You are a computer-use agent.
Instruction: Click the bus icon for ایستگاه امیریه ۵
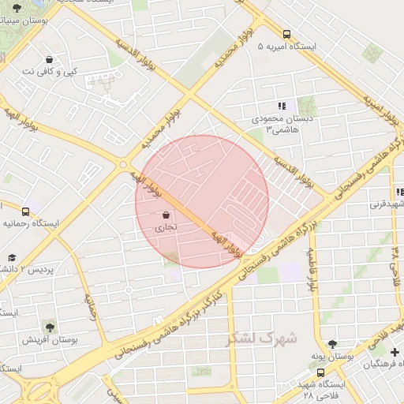286,34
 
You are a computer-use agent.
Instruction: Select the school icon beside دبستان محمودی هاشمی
281,106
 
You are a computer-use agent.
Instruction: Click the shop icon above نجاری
166,215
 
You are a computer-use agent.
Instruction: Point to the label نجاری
166,227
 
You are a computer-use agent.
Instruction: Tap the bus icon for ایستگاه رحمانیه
26,211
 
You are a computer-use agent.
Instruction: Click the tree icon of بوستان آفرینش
50,326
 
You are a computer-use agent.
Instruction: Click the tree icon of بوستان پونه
332,344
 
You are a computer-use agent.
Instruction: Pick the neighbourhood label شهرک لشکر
262,339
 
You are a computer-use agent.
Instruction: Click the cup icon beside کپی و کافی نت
50,59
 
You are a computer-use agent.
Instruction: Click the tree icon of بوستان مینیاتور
17,7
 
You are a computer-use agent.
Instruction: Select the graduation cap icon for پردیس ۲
11,257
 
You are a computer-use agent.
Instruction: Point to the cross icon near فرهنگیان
395,351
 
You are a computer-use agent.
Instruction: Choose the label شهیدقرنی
387,204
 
